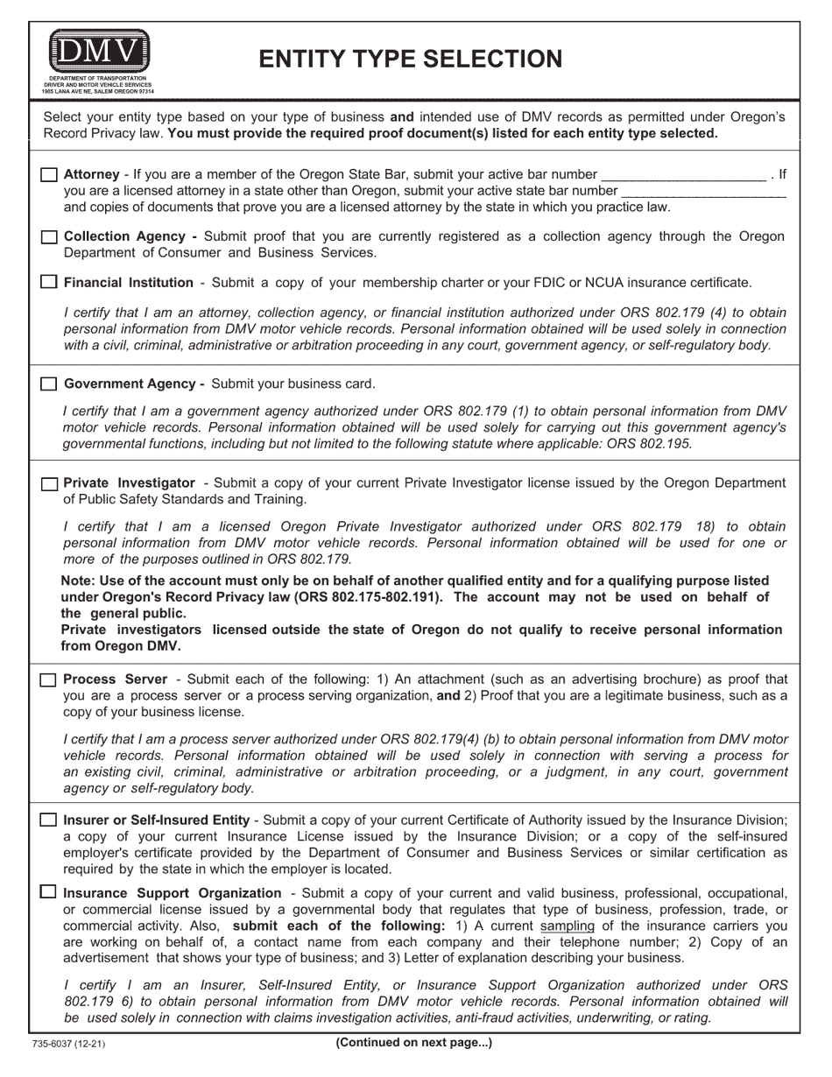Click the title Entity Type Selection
411,59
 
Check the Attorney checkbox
49,175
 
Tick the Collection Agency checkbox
49,237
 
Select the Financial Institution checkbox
49,283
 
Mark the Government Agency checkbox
49,384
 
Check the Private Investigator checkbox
49,484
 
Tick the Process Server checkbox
49,680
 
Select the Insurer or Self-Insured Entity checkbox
49,820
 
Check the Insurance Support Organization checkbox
49,893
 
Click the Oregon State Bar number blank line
684,175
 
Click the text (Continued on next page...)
413,1043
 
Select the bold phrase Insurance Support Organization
173,893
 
